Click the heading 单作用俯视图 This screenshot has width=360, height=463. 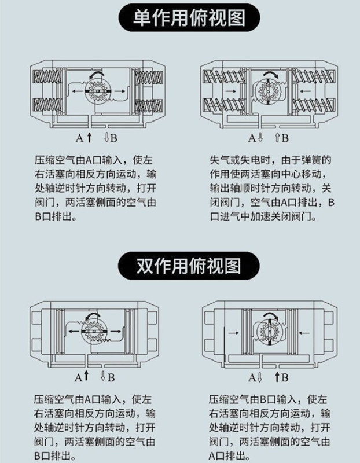pos(180,17)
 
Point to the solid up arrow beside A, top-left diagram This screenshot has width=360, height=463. pos(89,138)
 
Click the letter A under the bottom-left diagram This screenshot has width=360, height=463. pos(78,377)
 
